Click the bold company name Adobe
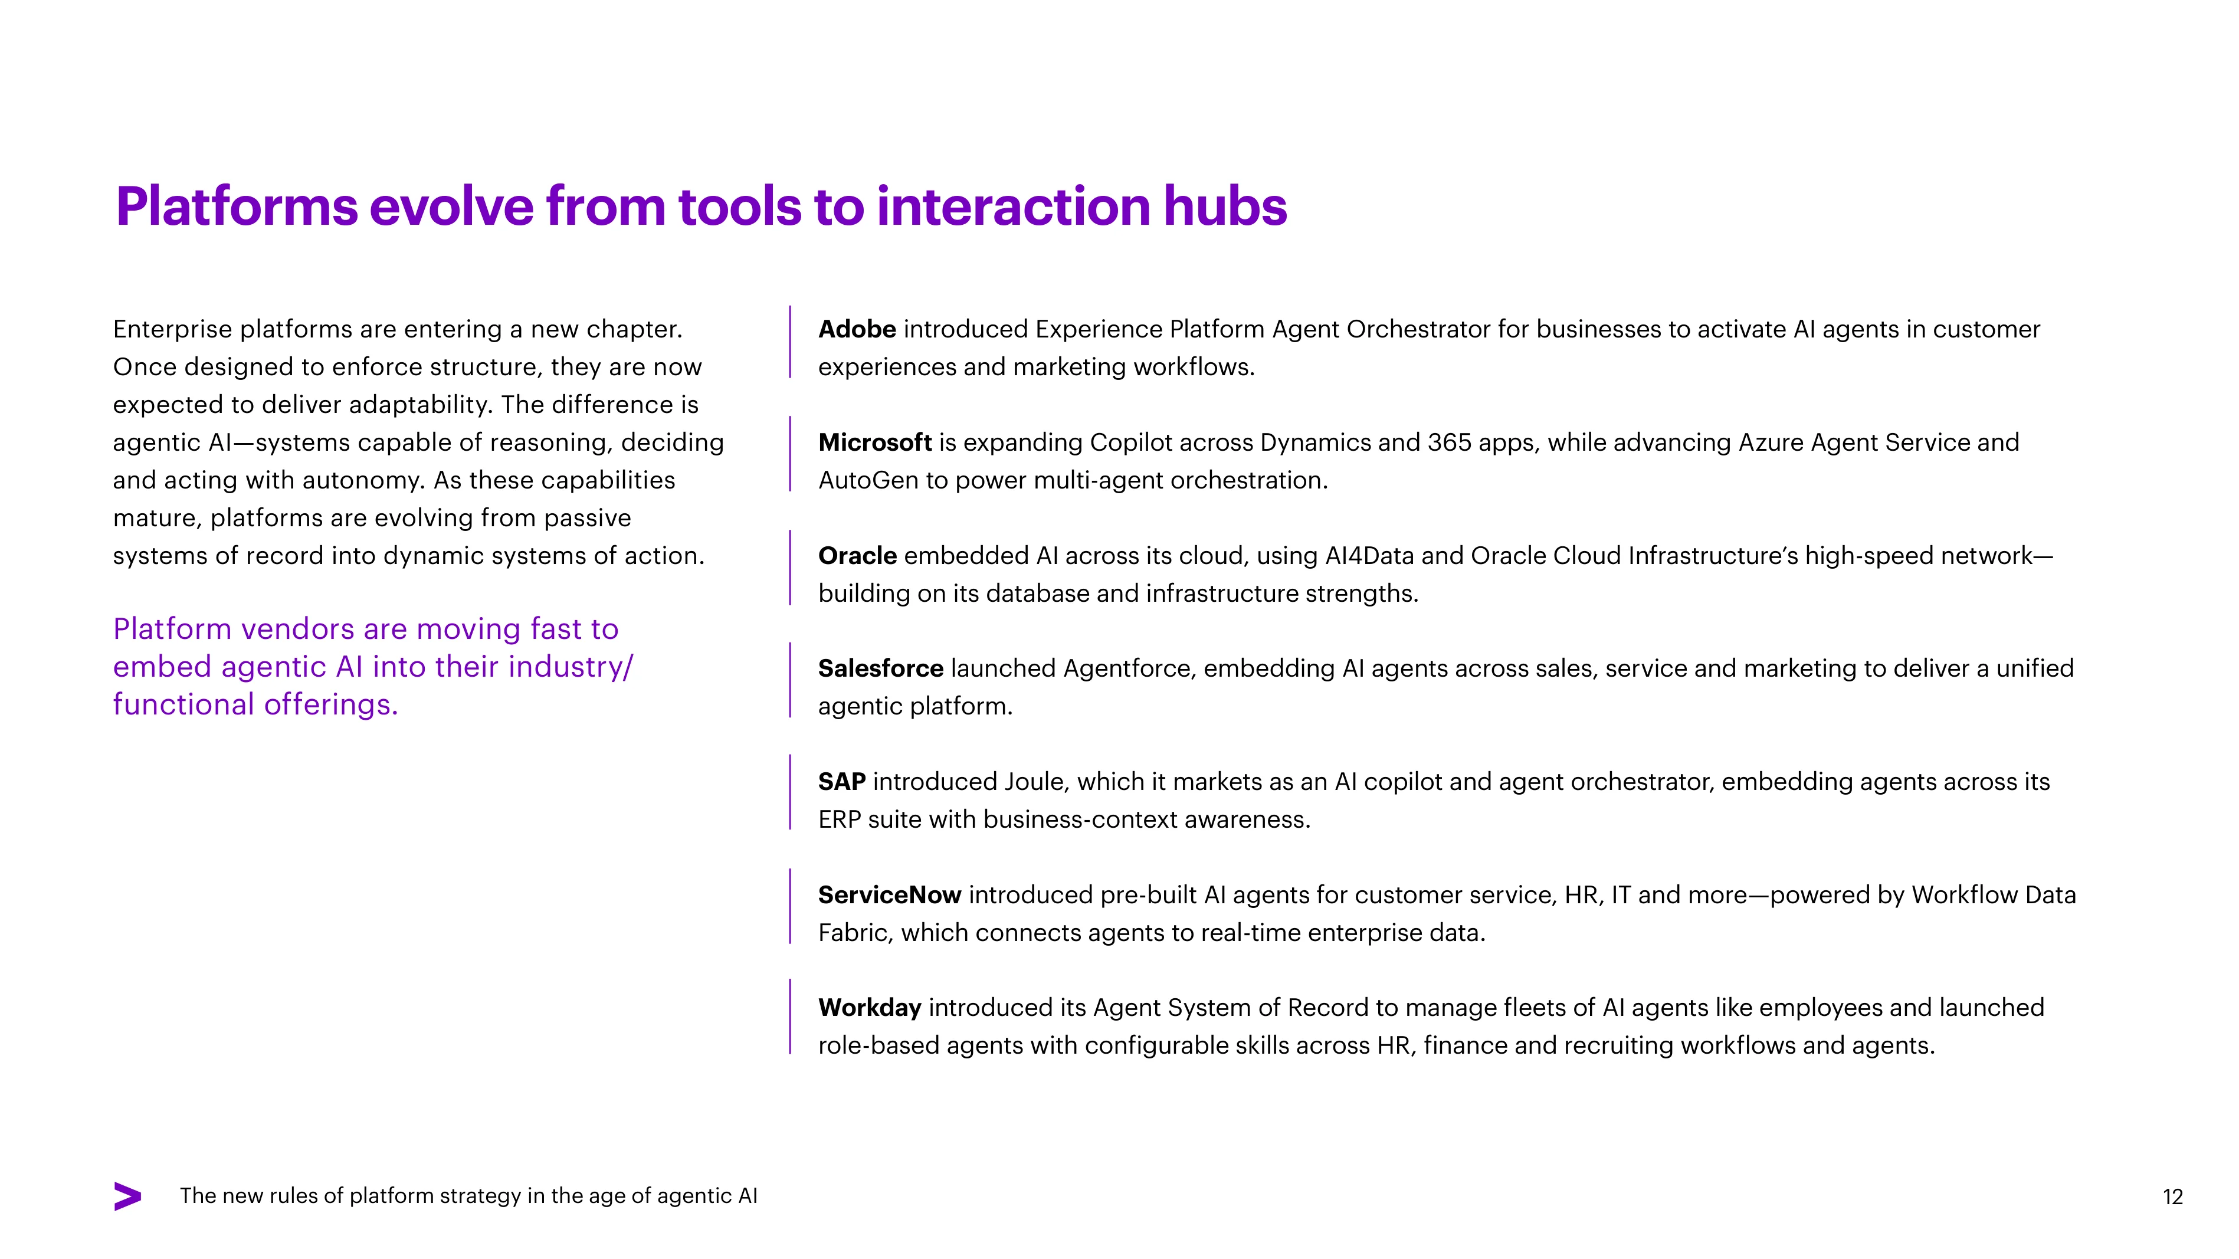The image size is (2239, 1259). coord(857,329)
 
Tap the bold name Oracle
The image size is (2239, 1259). coord(857,555)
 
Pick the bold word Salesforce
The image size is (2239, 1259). coord(880,668)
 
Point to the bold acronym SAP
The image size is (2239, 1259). coord(841,782)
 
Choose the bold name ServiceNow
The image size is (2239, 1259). coord(889,895)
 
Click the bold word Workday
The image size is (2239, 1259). coord(869,1008)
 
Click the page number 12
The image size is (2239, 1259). coord(2172,1197)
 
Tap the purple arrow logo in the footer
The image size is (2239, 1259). coord(128,1196)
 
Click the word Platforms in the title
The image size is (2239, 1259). coord(237,207)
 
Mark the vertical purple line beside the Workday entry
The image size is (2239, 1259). coord(790,1017)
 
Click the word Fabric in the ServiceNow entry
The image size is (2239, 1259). coord(855,932)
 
